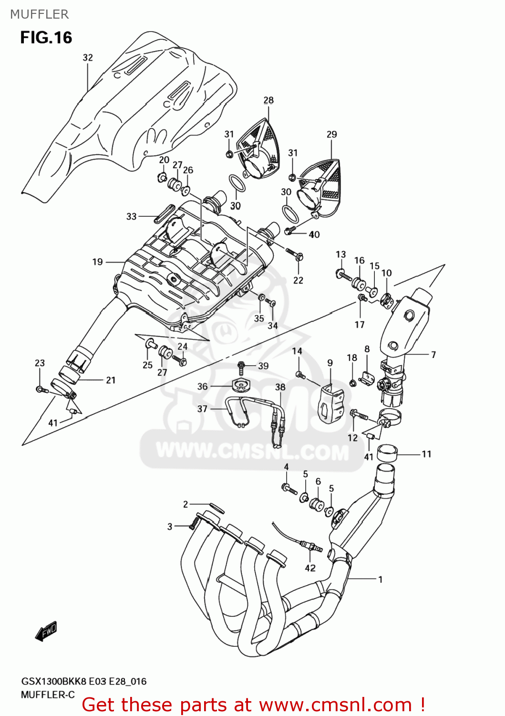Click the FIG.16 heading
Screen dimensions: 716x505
pos(46,38)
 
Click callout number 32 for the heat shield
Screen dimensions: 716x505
pos(88,58)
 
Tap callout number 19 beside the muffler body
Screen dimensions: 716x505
pos(97,262)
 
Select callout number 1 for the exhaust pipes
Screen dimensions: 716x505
pos(380,579)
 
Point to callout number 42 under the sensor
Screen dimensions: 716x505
pos(310,568)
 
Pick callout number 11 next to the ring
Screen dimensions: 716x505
pos(426,454)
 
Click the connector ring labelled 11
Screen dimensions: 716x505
pos(387,451)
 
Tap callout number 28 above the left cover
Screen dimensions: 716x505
pos(268,100)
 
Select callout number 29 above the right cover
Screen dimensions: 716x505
pos(331,135)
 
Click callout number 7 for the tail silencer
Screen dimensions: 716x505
pos(433,355)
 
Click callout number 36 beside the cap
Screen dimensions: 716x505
pos(203,386)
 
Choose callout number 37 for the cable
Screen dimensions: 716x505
pos(203,409)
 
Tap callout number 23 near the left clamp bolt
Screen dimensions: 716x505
pos(40,363)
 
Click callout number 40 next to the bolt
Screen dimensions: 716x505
pos(314,234)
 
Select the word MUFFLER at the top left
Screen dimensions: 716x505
pos(40,14)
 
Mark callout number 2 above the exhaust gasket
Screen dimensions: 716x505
pos(186,504)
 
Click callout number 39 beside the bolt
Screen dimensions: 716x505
pos(263,366)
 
